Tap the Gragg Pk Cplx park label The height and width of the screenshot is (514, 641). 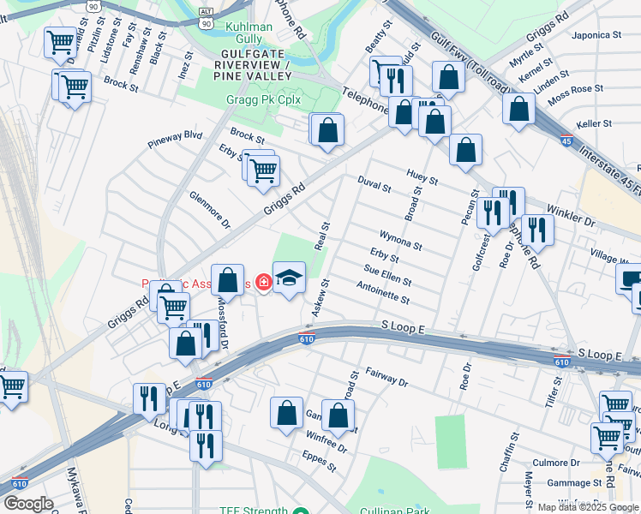[x=265, y=99]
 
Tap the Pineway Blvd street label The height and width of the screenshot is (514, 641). [x=175, y=135]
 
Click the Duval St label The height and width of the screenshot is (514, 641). [x=374, y=183]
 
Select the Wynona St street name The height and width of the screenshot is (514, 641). [x=400, y=239]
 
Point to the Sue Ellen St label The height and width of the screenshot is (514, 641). [x=387, y=275]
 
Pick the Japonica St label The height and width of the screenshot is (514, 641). [x=598, y=35]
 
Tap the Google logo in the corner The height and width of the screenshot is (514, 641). [x=28, y=503]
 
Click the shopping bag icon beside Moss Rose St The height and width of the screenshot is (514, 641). [x=518, y=109]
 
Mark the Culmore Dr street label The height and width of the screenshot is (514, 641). [x=557, y=463]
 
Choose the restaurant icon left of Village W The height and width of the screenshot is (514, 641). [x=537, y=229]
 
